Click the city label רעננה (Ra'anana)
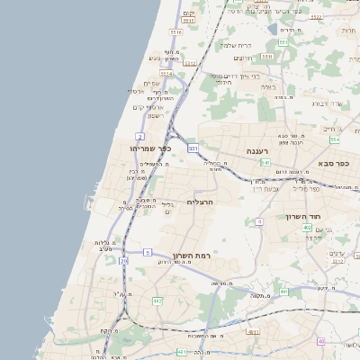tap(262, 152)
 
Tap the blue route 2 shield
tap(140, 136)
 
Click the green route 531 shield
tap(193, 148)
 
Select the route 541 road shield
tap(265, 163)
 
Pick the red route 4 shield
tap(259, 221)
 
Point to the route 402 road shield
tap(307, 228)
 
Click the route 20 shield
tap(123, 261)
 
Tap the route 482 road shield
tap(157, 301)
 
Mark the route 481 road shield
tap(283, 292)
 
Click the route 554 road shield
tap(335, 139)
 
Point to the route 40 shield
tap(320, 341)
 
